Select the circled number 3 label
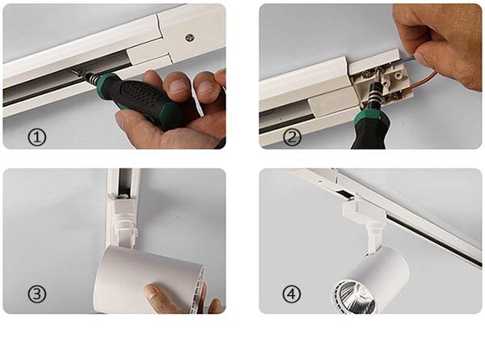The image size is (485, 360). [37, 294]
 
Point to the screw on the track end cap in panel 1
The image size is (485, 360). [188, 36]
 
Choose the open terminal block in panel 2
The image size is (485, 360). [384, 85]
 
